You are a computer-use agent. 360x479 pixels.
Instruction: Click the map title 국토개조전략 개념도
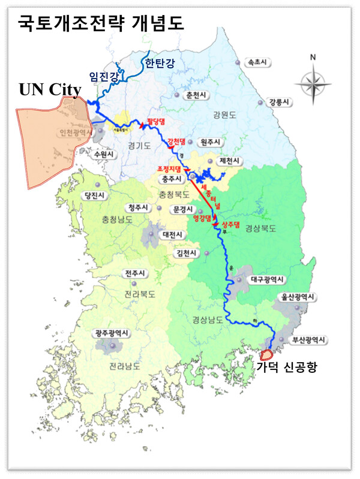click(101, 22)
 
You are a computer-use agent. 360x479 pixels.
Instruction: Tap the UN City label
click(50, 89)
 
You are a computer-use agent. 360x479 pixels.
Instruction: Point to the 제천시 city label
click(230, 161)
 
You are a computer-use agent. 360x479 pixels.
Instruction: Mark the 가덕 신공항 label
click(286, 367)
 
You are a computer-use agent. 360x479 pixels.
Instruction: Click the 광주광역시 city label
click(110, 332)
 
